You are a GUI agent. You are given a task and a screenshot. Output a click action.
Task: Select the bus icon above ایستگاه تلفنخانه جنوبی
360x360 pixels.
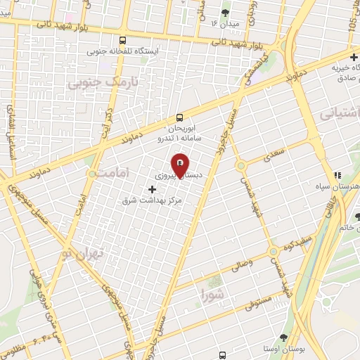click(x=124, y=40)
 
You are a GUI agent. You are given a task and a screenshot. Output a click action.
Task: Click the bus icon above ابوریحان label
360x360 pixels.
click(x=180, y=117)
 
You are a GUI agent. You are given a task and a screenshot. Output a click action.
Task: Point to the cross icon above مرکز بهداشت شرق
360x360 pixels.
click(x=153, y=188)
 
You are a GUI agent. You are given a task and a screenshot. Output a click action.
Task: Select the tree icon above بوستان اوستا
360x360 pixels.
click(x=283, y=338)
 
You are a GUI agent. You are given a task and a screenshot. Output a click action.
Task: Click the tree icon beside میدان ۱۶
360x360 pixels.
click(x=225, y=13)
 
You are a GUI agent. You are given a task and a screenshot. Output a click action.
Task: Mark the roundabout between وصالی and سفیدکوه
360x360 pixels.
click(x=272, y=252)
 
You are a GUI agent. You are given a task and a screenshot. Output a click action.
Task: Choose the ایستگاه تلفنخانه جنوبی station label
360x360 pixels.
click(x=124, y=52)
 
